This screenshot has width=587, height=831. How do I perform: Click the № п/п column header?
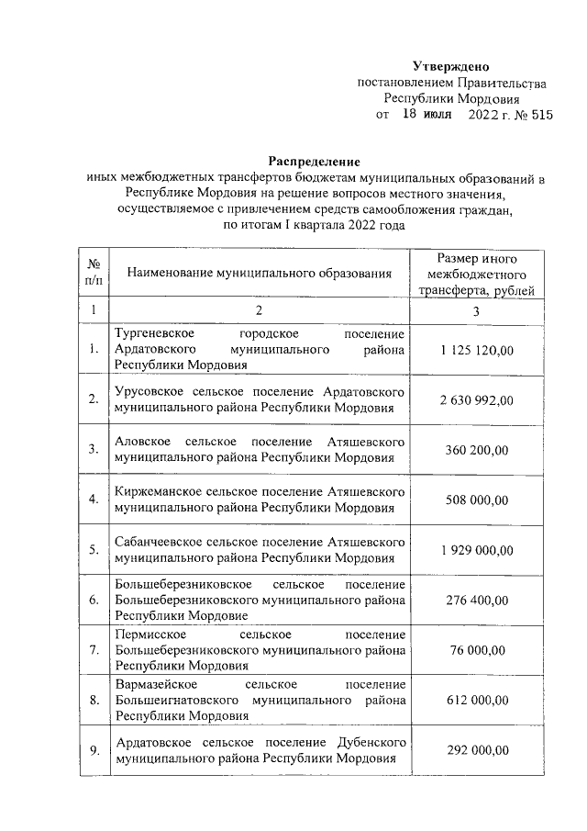tap(93, 273)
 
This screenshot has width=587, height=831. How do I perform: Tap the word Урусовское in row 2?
tap(147, 391)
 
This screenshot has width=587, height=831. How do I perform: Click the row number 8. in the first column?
tap(93, 701)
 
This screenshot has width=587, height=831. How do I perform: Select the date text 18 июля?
tap(426, 116)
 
